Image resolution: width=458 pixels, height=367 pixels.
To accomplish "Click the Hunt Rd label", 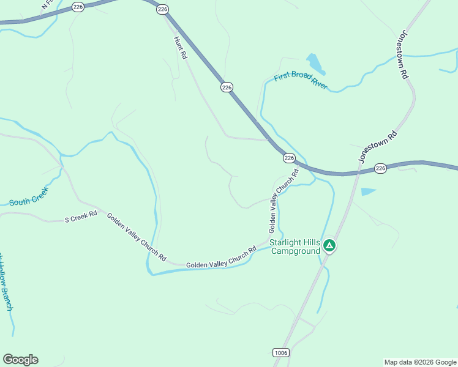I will click(x=180, y=47).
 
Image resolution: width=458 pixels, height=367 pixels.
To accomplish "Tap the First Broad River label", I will click(x=301, y=81).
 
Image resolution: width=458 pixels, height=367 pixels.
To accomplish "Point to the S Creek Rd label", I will click(x=81, y=217).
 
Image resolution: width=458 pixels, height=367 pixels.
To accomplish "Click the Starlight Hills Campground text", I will click(x=295, y=247).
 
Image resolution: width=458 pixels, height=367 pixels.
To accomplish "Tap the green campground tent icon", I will click(x=329, y=246).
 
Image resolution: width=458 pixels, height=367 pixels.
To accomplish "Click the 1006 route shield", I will click(x=281, y=352).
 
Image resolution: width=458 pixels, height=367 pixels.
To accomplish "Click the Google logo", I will click(x=20, y=360).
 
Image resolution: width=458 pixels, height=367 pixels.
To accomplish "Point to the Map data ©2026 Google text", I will click(x=421, y=362).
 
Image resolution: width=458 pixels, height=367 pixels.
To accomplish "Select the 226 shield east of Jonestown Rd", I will click(x=380, y=168).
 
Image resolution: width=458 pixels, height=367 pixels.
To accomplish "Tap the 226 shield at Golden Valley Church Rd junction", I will click(x=290, y=158).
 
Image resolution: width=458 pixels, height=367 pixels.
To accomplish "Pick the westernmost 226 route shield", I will click(x=78, y=6).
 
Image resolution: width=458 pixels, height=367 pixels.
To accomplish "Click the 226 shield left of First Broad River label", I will click(x=227, y=87).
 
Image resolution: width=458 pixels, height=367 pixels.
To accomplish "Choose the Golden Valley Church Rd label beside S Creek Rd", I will click(x=137, y=237).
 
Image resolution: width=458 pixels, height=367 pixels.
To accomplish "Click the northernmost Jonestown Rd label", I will click(x=402, y=54).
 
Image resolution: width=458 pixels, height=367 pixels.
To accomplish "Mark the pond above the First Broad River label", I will click(x=315, y=62).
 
